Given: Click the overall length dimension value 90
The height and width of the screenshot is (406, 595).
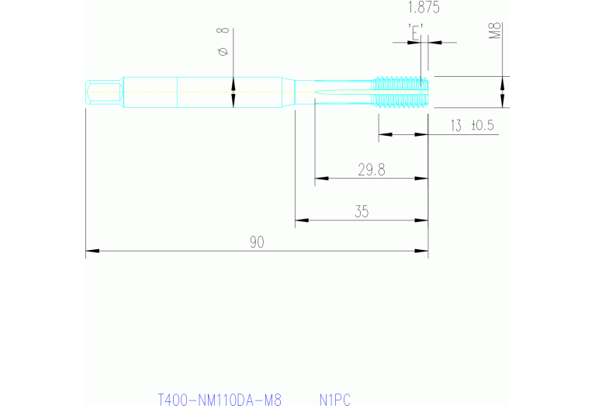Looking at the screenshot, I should tap(257, 242).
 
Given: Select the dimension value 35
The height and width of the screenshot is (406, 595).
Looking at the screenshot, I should tap(361, 211).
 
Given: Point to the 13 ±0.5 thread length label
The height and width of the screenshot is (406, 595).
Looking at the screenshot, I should tap(472, 126).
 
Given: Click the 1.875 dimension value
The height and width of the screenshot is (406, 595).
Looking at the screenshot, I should tap(424, 9).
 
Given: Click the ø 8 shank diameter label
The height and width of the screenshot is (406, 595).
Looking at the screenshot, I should tap(223, 41).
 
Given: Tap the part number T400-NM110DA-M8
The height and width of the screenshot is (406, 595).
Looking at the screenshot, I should tap(219, 400).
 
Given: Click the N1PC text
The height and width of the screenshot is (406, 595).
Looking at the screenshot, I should tap(335, 400).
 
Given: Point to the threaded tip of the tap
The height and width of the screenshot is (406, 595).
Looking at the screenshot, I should tap(401, 92).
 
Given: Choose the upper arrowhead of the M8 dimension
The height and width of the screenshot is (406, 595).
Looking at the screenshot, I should tap(503, 80).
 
